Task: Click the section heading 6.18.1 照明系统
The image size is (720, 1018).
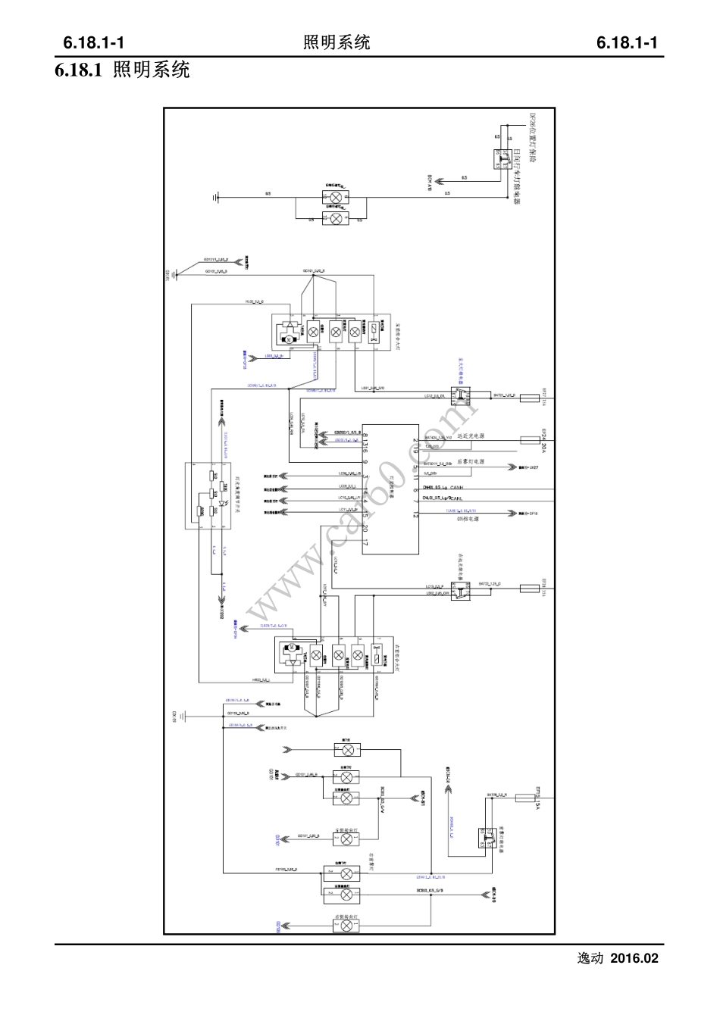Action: tap(121, 71)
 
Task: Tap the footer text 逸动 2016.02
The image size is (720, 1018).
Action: tap(618, 958)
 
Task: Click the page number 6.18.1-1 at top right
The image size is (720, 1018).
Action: tap(625, 42)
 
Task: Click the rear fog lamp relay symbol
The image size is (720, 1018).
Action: tap(488, 837)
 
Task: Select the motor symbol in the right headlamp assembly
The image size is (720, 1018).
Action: tap(290, 649)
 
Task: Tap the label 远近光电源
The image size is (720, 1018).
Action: tap(471, 437)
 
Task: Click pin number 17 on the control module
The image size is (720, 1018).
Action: tap(365, 544)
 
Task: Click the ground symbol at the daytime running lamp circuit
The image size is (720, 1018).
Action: tap(218, 197)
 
